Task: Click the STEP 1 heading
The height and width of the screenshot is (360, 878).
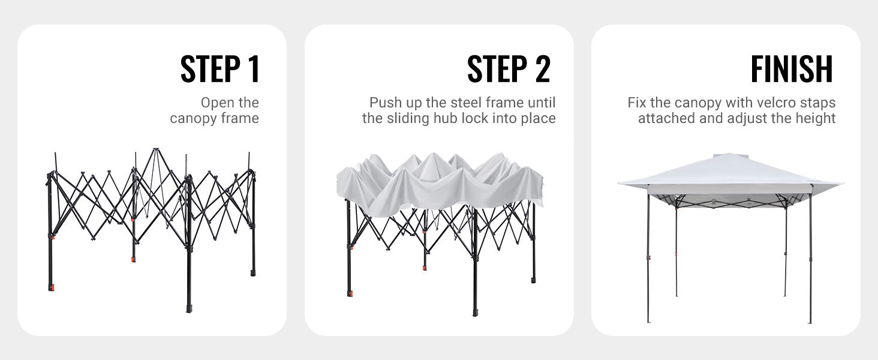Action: click(220, 69)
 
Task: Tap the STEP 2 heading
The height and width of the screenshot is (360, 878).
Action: click(509, 69)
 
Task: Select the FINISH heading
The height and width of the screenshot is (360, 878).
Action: click(792, 69)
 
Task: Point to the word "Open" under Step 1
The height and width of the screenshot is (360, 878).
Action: click(217, 103)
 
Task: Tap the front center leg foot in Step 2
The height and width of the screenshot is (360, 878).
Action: click(475, 312)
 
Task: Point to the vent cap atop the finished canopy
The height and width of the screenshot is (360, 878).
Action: click(730, 155)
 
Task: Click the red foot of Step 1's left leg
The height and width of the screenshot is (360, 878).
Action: click(51, 287)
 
